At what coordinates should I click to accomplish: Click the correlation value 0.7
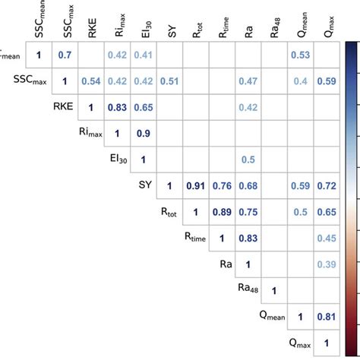tap(66, 55)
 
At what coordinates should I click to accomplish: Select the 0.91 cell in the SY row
tap(195, 186)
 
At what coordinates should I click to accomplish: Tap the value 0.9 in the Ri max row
tap(143, 134)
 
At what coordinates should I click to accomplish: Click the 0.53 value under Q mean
tap(299, 55)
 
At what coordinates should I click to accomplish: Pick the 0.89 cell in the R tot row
tap(221, 212)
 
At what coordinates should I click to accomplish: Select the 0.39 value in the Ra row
tap(325, 264)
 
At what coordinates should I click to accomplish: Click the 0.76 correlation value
tap(221, 186)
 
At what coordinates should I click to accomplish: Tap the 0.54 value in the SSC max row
tap(91, 81)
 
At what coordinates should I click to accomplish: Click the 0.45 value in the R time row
tap(325, 238)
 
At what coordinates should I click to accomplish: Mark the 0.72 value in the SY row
tap(325, 186)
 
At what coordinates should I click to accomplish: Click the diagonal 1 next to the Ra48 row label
tap(273, 290)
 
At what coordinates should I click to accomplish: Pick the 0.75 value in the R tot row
tap(247, 212)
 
